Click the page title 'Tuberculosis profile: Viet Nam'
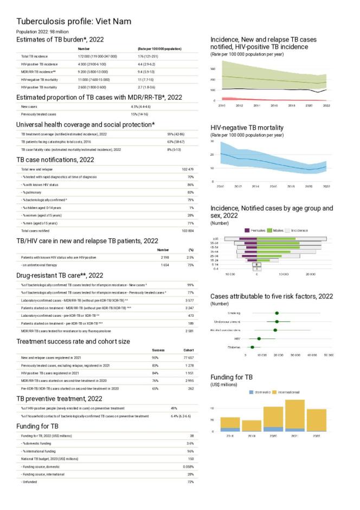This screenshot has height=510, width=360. [74, 21]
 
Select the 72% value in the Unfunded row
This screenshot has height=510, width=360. [190, 482]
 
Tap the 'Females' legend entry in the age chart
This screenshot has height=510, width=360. [259, 231]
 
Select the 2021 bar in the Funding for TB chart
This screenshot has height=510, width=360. [294, 416]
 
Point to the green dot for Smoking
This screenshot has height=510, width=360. [277, 313]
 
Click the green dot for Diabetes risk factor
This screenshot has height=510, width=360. [252, 347]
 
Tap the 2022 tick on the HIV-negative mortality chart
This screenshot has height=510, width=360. [326, 186]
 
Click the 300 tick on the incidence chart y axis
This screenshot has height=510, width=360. [213, 69]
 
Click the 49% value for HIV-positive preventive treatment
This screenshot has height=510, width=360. [174, 408]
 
